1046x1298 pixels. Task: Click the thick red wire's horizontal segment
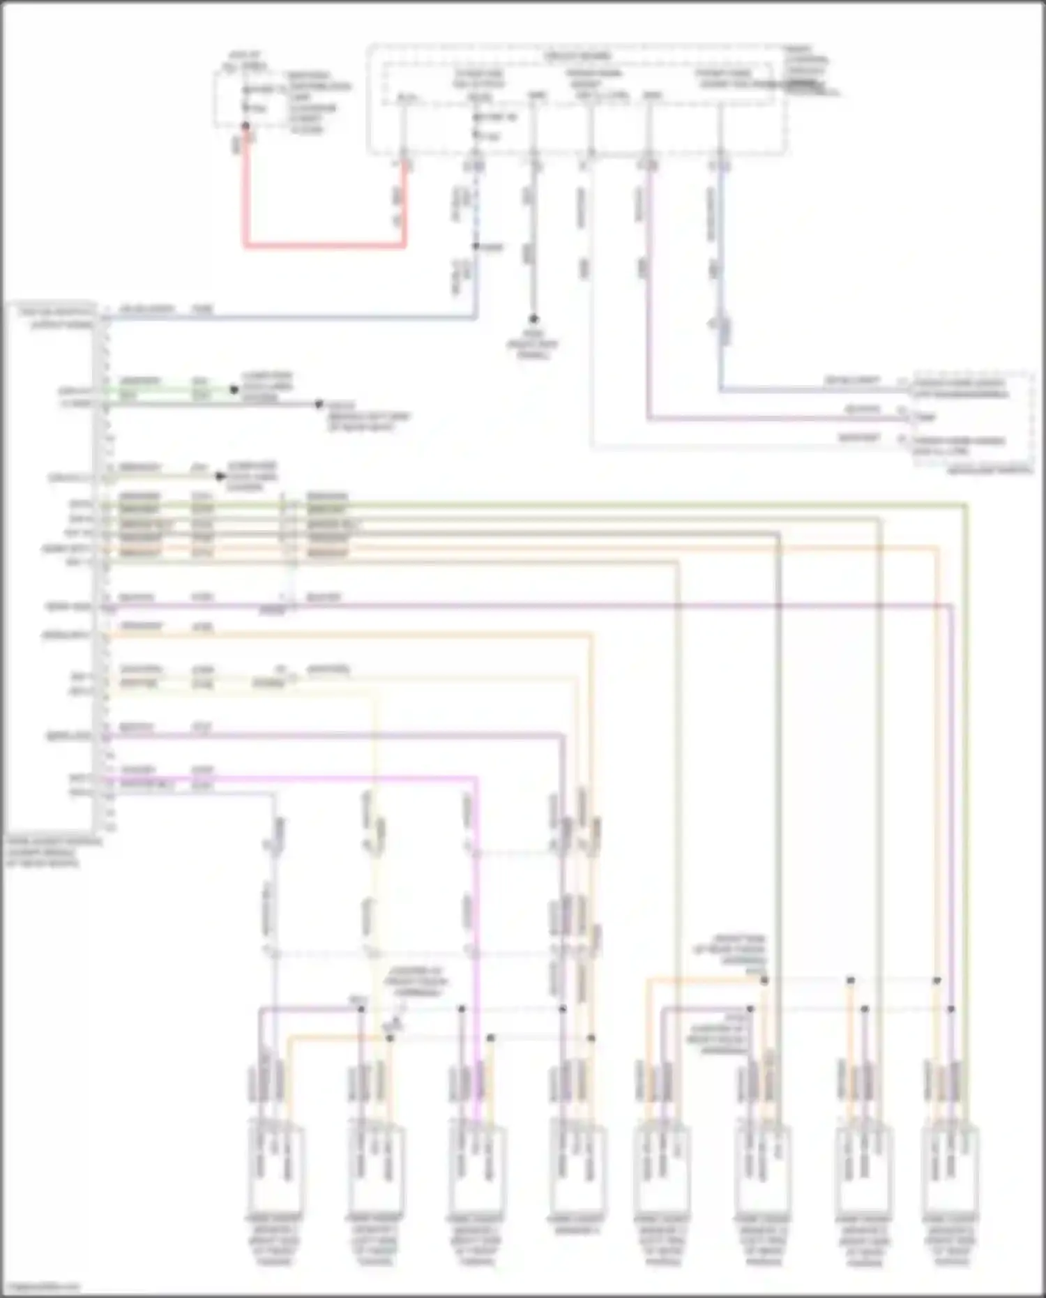pyautogui.click(x=324, y=246)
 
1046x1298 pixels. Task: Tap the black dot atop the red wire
pyautogui.click(x=245, y=126)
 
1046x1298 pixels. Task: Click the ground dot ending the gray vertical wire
pyautogui.click(x=533, y=319)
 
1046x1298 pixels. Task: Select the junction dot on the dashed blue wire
pyautogui.click(x=476, y=246)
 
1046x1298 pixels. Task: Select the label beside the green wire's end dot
pyautogui.click(x=266, y=386)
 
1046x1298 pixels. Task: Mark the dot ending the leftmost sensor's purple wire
pyautogui.click(x=361, y=1009)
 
